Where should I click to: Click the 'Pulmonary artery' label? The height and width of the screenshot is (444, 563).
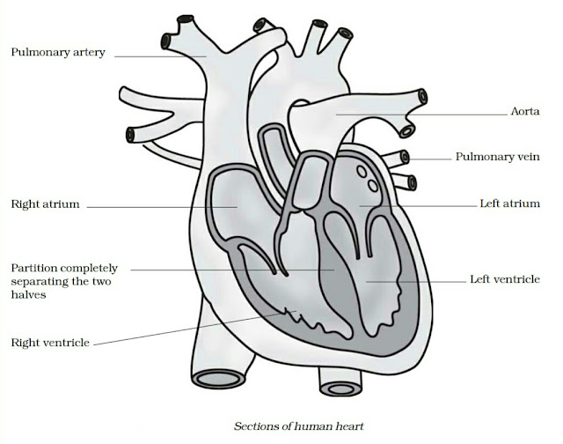(58, 53)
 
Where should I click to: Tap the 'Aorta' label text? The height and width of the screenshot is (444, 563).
(525, 112)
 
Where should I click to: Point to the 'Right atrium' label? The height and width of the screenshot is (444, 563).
(46, 204)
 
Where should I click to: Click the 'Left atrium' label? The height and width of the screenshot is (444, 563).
(509, 203)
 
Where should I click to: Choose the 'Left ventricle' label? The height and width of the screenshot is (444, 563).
(504, 279)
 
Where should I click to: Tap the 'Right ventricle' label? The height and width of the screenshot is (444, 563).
(49, 342)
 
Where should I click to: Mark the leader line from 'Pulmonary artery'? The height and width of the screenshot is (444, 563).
(158, 55)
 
